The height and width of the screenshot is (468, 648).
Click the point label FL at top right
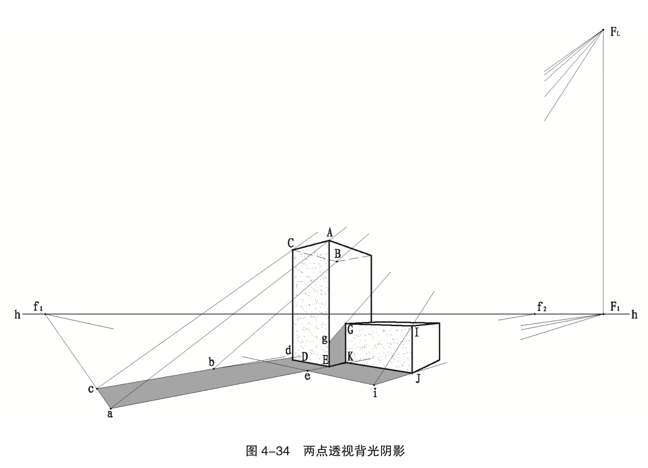coord(615,33)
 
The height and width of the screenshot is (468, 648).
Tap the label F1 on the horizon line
coord(615,307)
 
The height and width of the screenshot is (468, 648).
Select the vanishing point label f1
coord(38,307)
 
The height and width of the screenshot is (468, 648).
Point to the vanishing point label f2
coord(542,308)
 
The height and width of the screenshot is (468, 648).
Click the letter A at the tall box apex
coord(330,233)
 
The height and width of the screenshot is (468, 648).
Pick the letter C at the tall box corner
coord(291,243)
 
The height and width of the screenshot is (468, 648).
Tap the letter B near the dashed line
coord(338,254)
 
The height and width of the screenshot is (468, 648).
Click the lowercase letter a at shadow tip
coord(110,414)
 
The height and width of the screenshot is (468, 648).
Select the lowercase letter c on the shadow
coord(91,389)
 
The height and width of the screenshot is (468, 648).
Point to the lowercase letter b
coord(211,361)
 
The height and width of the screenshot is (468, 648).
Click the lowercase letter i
coord(375,393)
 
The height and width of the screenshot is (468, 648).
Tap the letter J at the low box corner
coord(418,378)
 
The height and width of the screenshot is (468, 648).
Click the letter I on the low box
coord(417,333)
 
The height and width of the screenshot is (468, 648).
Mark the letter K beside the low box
coord(350,356)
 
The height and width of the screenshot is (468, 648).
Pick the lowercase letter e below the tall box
coord(308,377)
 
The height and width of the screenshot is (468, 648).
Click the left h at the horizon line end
coord(17,314)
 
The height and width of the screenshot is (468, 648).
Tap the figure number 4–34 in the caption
coord(275,451)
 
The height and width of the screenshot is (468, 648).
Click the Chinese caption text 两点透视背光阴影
coord(354,451)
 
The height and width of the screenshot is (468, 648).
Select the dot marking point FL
coord(603,30)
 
